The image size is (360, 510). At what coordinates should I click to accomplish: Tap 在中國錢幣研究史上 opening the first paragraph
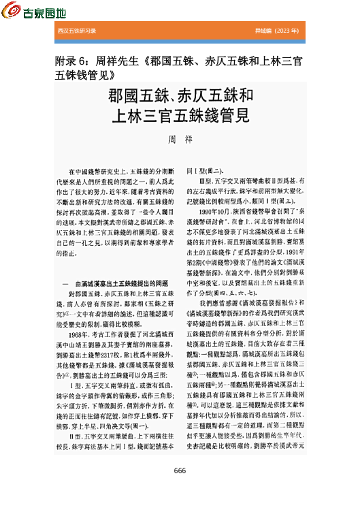[x=99, y=174]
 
